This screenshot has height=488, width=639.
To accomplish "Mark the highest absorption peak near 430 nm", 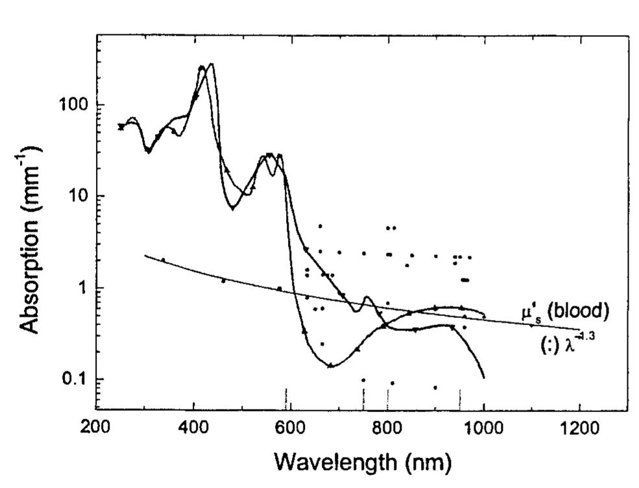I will [211, 64].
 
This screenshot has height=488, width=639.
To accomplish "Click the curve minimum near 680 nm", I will [330, 366].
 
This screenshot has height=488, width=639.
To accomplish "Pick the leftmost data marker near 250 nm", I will [121, 127].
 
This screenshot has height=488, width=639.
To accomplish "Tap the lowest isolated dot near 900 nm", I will [435, 387].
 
